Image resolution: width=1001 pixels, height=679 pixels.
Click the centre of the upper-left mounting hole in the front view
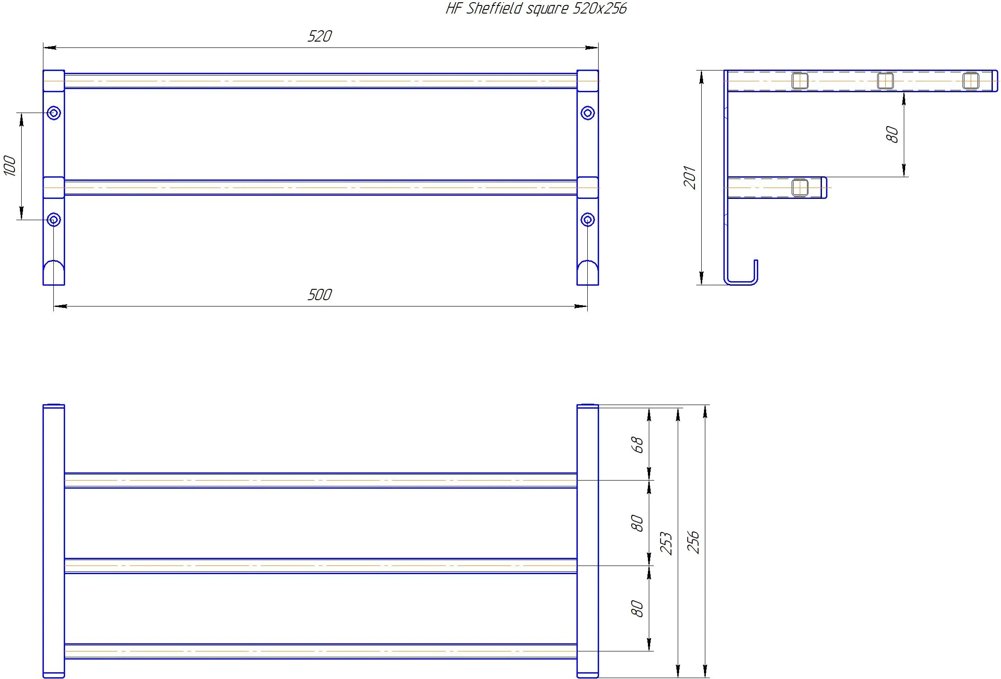(54, 113)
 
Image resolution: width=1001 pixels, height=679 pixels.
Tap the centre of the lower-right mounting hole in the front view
(587, 220)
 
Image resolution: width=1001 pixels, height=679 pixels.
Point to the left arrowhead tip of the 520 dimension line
(43, 47)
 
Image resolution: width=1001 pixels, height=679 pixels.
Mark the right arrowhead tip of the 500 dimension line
(587, 306)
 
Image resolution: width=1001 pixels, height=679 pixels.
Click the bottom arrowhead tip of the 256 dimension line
(705, 678)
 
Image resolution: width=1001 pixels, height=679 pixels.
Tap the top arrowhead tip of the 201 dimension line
(701, 71)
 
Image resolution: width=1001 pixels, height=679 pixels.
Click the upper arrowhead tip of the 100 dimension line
(21, 113)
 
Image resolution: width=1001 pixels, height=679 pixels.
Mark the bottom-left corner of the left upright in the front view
(43, 285)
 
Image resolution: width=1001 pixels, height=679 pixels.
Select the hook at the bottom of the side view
(741, 273)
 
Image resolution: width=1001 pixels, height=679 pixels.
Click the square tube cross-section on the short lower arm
(800, 188)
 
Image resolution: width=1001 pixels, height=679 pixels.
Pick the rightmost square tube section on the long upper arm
(971, 81)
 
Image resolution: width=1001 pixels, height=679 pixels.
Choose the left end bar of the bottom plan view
(54, 541)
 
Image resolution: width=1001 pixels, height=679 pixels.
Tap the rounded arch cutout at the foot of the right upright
(587, 272)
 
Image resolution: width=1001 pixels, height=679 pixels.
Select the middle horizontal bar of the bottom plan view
(321, 566)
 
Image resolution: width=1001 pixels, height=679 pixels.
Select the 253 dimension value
(666, 543)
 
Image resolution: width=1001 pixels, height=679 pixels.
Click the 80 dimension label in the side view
(892, 134)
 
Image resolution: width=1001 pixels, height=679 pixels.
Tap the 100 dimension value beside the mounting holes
(10, 166)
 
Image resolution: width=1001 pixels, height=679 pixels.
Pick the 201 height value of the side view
(690, 177)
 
